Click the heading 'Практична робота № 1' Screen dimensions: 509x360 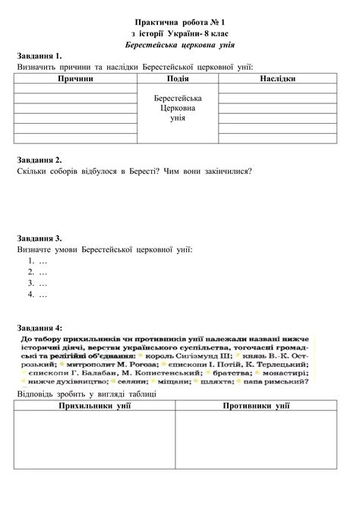click(180, 24)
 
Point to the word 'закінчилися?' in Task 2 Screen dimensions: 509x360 click(228, 171)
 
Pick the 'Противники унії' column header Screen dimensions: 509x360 click(256, 407)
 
